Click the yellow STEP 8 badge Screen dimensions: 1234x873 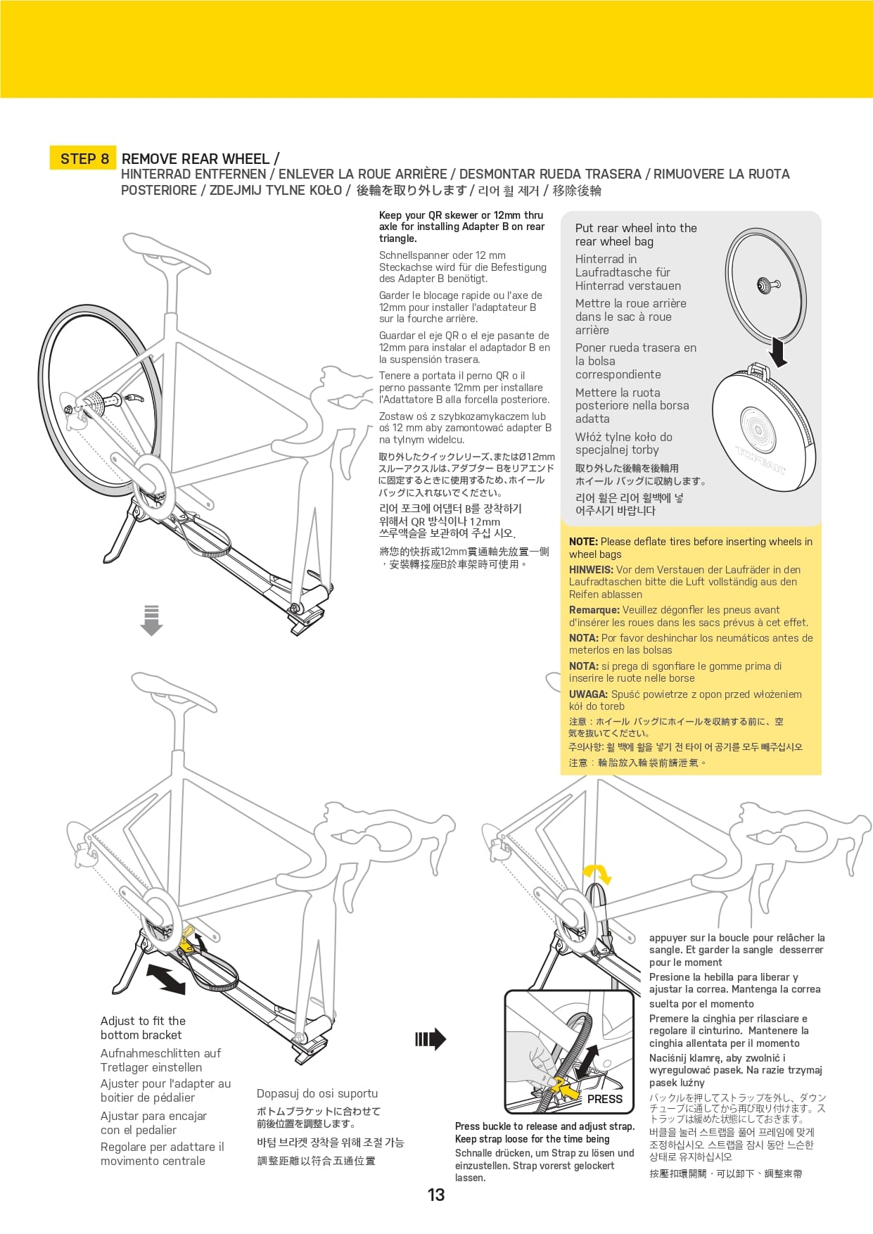84,158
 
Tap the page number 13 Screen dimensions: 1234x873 436,1195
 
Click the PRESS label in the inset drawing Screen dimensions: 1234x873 604,1099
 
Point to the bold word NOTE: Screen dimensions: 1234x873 583,542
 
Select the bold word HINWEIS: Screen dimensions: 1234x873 591,570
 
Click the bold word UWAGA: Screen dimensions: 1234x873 588,694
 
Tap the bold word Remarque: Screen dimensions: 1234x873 594,610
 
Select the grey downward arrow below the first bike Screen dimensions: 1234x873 151,620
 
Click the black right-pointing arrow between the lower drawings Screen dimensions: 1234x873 431,1039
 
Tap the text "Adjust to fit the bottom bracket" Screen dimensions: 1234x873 143,1028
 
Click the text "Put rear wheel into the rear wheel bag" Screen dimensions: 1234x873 635,235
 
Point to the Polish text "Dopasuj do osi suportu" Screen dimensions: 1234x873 317,1093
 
